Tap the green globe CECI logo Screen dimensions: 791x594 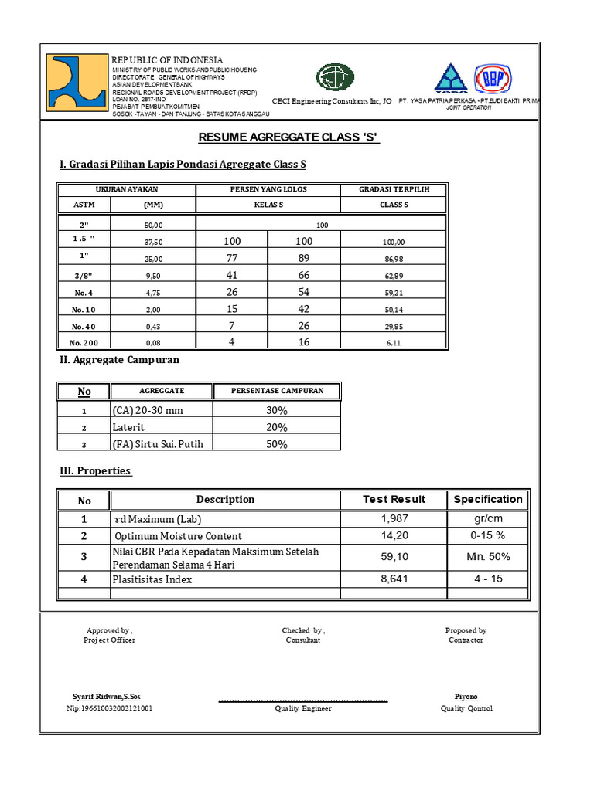click(x=335, y=77)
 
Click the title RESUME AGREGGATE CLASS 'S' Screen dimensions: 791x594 click(x=289, y=137)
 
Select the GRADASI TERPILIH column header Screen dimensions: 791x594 click(x=394, y=189)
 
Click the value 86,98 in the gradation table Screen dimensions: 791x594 click(x=394, y=259)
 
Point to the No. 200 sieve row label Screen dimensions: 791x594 click(x=85, y=343)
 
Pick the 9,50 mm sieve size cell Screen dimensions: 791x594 click(x=154, y=275)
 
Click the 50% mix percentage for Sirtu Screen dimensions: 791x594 click(x=276, y=444)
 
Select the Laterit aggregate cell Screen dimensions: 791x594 click(x=129, y=427)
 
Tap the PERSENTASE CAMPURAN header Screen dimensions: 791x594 click(x=277, y=391)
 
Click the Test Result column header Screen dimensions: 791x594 click(x=394, y=499)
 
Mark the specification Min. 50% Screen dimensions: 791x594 click(x=487, y=557)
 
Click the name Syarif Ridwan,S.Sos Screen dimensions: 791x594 click(x=107, y=696)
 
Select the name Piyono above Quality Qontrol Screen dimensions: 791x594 click(x=466, y=696)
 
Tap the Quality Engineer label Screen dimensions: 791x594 click(x=303, y=708)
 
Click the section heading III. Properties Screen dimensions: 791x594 click(x=95, y=471)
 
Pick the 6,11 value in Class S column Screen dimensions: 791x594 click(x=394, y=343)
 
